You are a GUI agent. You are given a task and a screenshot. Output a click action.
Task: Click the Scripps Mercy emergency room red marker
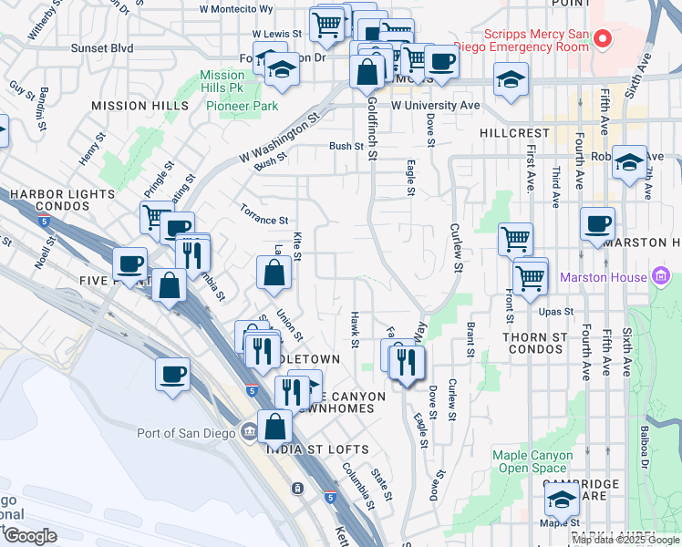[x=601, y=40]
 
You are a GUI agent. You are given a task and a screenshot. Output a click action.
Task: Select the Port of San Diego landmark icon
[x=250, y=433]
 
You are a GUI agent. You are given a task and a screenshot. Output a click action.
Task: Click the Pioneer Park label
[x=242, y=106]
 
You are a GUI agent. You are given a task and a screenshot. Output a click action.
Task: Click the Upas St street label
[x=555, y=312]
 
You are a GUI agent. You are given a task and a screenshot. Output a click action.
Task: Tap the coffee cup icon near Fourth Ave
[x=597, y=224]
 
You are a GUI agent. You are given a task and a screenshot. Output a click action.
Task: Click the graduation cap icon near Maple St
[x=561, y=500]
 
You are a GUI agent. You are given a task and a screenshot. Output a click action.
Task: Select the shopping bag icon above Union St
[x=275, y=272]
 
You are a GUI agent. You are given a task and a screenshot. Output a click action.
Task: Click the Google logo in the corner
[x=29, y=536]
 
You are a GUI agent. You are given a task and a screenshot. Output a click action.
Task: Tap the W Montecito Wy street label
[x=236, y=9]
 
